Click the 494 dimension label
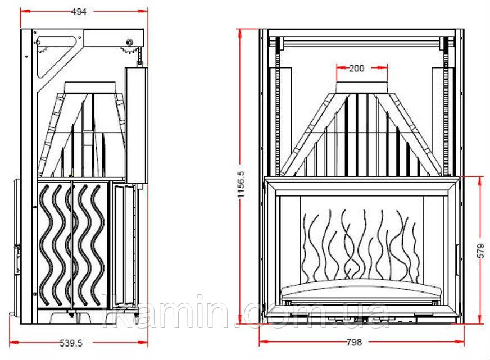tap(79, 12)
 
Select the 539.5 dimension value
tap(71, 343)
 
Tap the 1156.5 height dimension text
tap(243, 184)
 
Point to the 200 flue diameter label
tap(356, 68)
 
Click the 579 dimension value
tap(481, 250)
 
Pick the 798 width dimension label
tap(354, 342)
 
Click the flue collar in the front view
tap(362, 87)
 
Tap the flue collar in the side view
tap(90, 88)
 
